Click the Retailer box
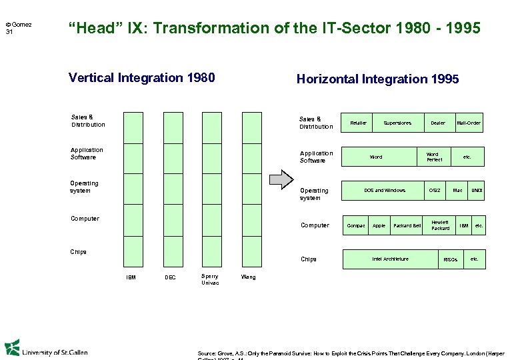[x=358, y=123]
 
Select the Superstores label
[x=397, y=123]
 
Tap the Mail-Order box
[x=469, y=123]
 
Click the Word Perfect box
[x=433, y=157]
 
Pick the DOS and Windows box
[x=384, y=191]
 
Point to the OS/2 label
[x=435, y=191]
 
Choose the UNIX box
[x=476, y=191]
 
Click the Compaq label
[x=356, y=225]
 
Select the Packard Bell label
[x=407, y=225]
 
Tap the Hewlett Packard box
[x=440, y=225]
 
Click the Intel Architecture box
[x=390, y=259]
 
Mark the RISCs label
[x=451, y=259]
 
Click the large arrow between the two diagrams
[x=280, y=179]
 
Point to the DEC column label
[x=171, y=277]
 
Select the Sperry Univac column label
[x=210, y=279]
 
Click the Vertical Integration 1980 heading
[x=141, y=78]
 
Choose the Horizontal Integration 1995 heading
[x=377, y=79]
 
